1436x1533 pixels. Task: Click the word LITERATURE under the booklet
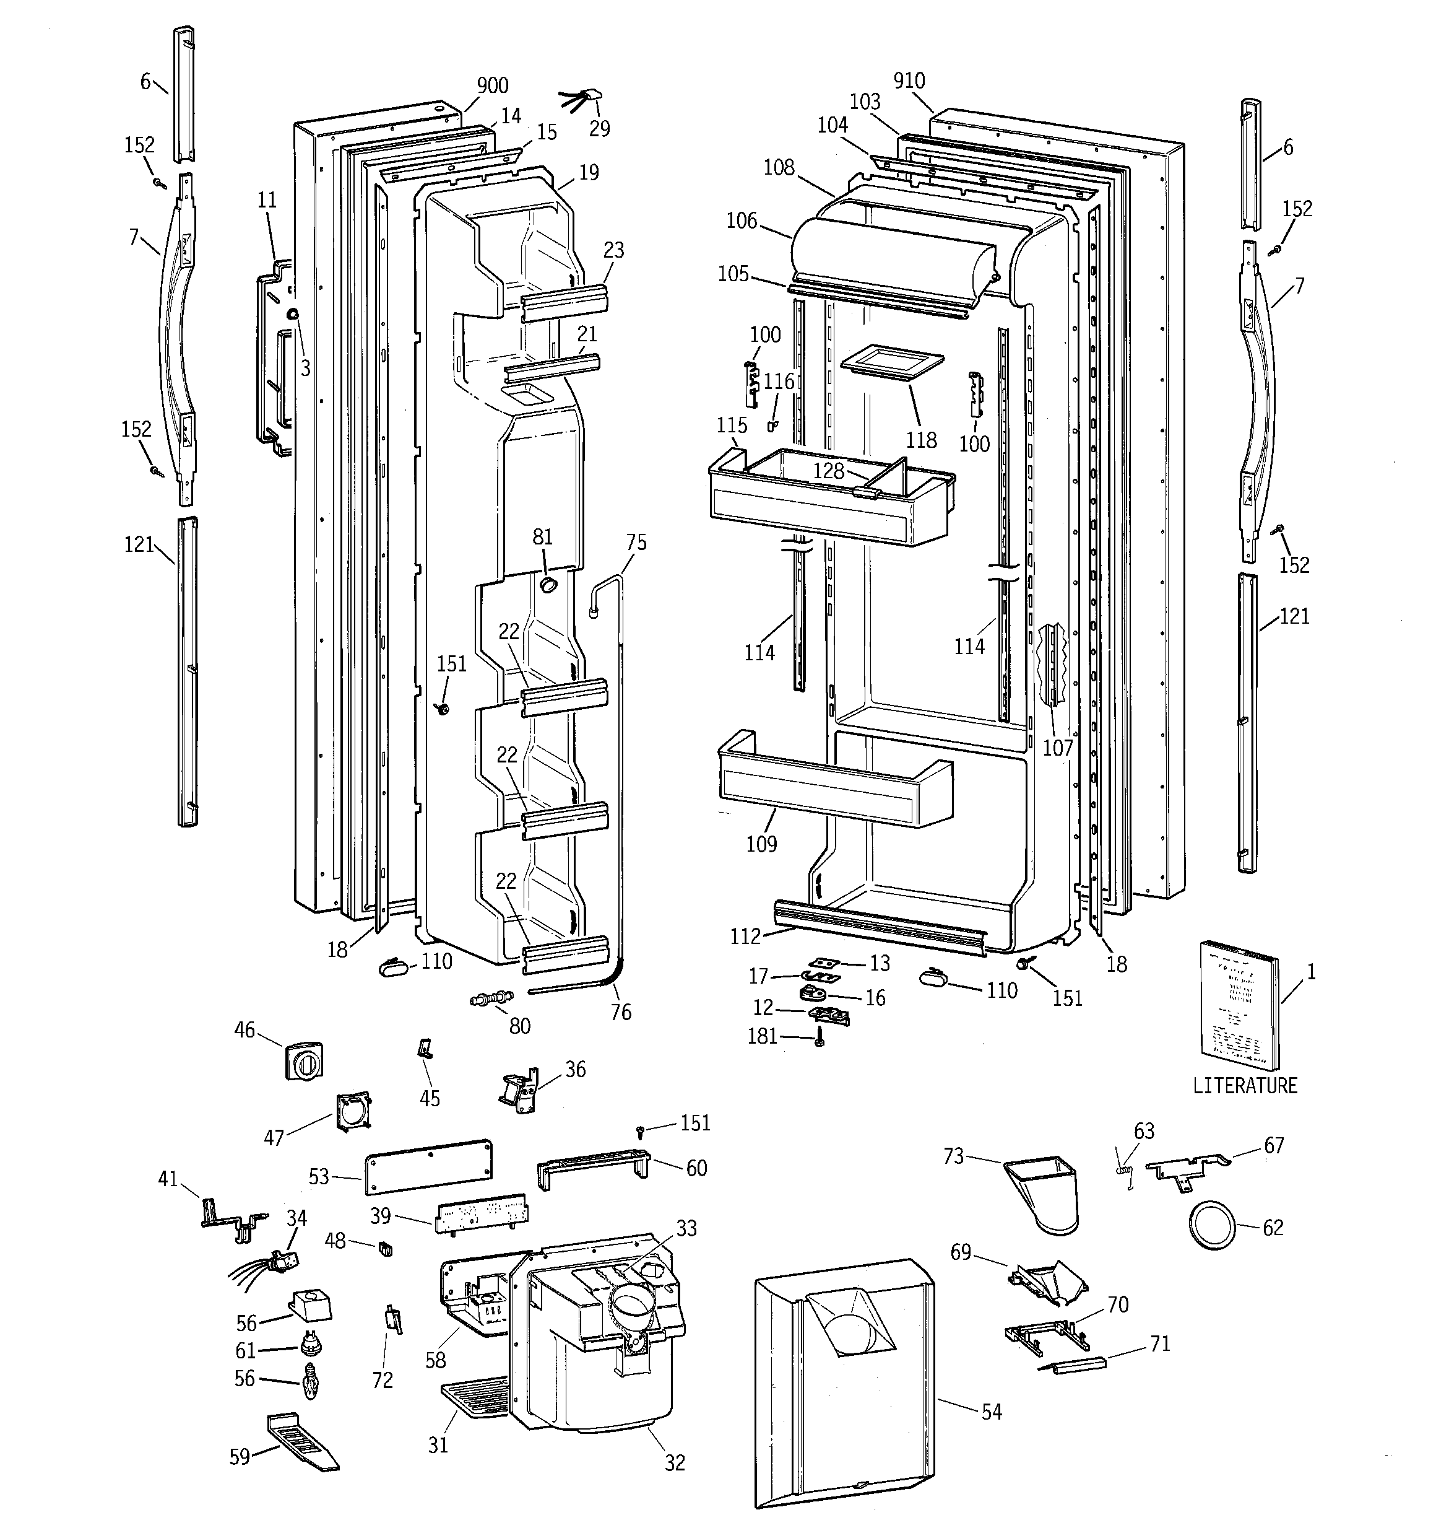pyautogui.click(x=1245, y=1086)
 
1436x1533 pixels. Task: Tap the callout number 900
pyautogui.click(x=493, y=85)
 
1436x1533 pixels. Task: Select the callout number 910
pyautogui.click(x=909, y=80)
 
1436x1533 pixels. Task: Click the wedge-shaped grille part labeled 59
pyautogui.click(x=301, y=1441)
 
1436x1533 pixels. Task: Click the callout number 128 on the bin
pyautogui.click(x=829, y=470)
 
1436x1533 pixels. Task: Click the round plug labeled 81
pyautogui.click(x=548, y=585)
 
